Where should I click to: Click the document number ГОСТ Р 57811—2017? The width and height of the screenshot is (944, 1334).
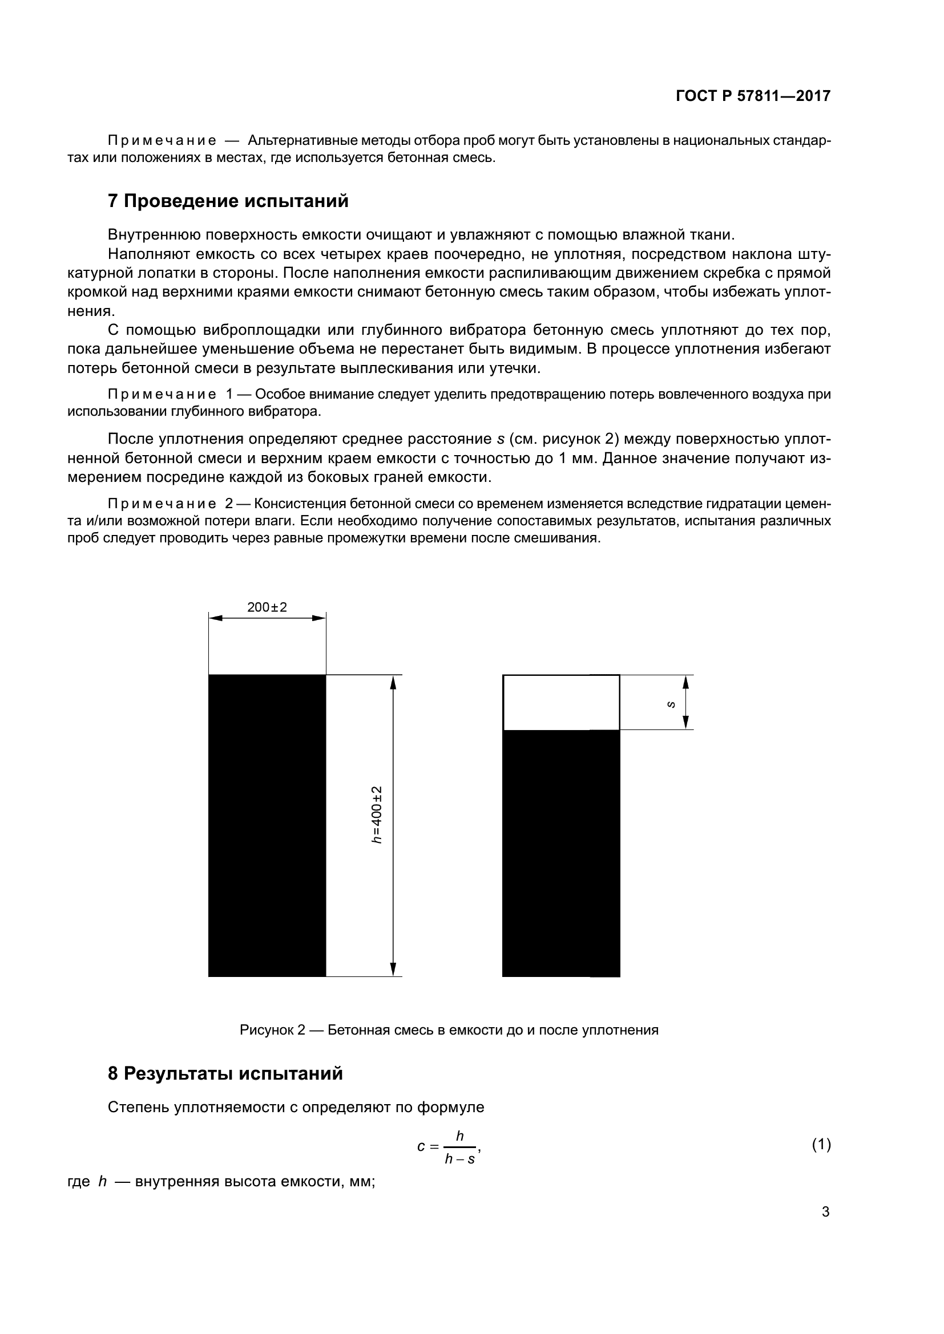[753, 96]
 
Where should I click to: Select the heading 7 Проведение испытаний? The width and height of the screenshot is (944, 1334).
[228, 201]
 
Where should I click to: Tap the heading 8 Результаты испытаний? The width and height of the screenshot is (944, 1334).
[225, 1073]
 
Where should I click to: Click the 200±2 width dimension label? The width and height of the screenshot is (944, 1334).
[267, 607]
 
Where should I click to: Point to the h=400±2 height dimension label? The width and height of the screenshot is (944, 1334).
[377, 814]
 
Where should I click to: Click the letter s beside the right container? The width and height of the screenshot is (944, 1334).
[671, 704]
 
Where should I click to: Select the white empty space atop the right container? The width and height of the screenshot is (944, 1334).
[560, 703]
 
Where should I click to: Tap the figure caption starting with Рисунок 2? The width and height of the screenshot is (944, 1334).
[449, 1030]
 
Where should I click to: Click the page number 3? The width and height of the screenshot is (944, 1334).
[825, 1211]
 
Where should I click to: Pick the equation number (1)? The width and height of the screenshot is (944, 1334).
[821, 1145]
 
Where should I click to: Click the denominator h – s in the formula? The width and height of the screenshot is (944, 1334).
[459, 1159]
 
